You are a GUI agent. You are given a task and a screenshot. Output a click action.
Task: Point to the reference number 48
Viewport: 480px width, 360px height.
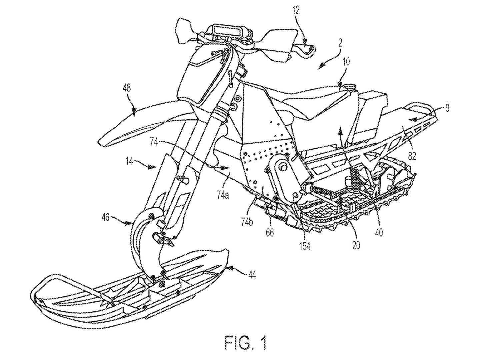[127, 88]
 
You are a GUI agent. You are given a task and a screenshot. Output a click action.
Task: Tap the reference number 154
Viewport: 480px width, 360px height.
[305, 246]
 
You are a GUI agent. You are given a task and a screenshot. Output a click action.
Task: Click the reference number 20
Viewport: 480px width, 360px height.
[356, 245]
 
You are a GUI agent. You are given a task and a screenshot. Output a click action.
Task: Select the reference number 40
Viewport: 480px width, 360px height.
[379, 232]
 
